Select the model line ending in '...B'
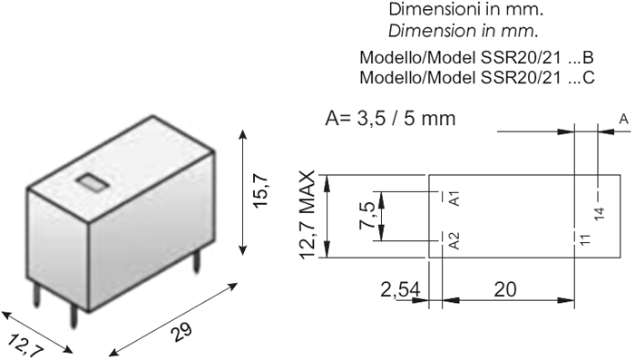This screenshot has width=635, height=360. (476, 58)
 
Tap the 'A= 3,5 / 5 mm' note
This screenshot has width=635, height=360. (390, 119)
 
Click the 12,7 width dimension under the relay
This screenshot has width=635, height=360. (26, 344)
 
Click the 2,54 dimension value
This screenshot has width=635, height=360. (400, 289)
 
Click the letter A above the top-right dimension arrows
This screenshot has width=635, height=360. (622, 118)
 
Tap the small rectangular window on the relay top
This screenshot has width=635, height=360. (92, 181)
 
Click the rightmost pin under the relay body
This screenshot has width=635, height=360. (197, 264)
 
